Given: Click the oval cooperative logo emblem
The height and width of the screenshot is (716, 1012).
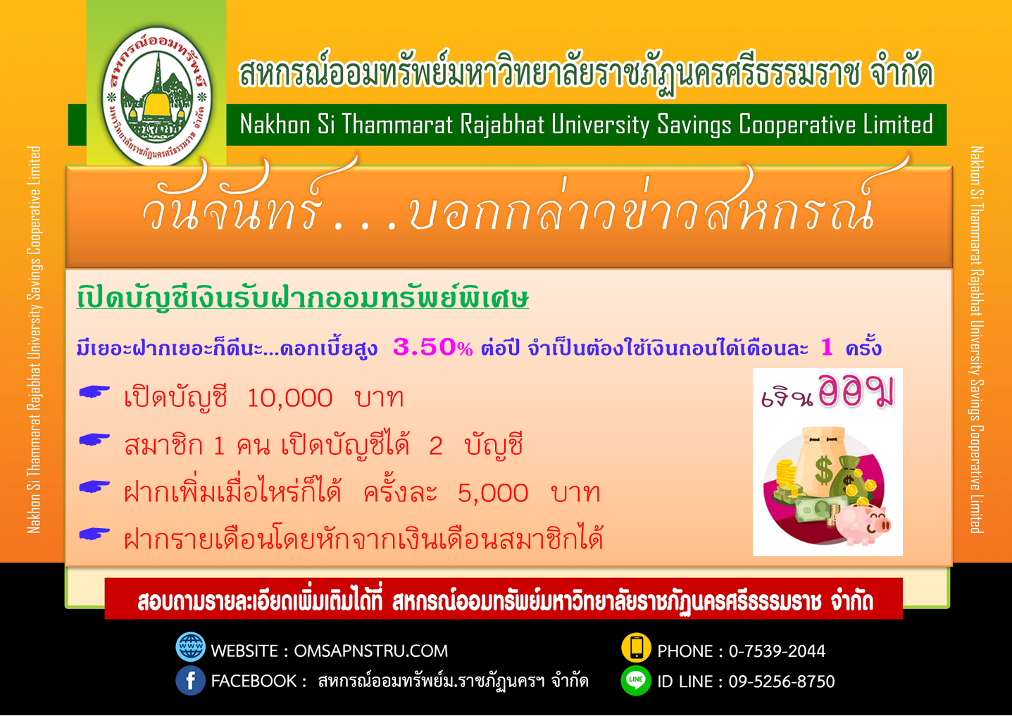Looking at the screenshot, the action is pos(157,96).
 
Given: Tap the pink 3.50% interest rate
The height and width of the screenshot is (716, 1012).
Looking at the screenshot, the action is pos(433,347).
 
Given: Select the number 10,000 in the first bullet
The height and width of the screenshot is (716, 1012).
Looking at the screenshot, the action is pos(289,398).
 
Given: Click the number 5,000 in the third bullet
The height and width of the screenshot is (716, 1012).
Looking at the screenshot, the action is pos(493,493).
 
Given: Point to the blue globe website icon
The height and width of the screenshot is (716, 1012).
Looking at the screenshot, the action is pos(190,647).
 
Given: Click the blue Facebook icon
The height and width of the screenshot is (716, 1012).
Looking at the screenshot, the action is pos(190,680).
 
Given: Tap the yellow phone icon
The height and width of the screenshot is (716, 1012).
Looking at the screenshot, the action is pos(636,647).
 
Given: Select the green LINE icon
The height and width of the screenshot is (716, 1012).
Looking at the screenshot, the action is pos(636,681).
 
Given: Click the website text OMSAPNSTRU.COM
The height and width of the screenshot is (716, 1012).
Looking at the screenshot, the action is pos(371,651).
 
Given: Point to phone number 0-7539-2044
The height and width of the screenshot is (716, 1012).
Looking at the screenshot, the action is pos(777,651).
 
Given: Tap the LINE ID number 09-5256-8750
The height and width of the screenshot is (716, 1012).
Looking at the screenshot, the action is pos(782,682).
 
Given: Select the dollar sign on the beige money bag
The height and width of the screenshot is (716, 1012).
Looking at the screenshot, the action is pos(824,470).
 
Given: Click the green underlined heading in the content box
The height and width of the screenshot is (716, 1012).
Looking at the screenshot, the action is pos(303,298).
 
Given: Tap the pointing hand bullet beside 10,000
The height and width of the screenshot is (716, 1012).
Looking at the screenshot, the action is pos(94,392).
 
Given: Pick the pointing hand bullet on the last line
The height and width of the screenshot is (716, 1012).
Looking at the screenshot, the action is pos(94,534).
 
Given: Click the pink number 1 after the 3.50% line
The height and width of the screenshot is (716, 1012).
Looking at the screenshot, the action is pos(827,347).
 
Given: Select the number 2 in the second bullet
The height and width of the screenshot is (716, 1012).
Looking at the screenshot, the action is pos(435,446).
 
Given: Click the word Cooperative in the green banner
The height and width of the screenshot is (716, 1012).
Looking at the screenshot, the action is pos(798,125).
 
